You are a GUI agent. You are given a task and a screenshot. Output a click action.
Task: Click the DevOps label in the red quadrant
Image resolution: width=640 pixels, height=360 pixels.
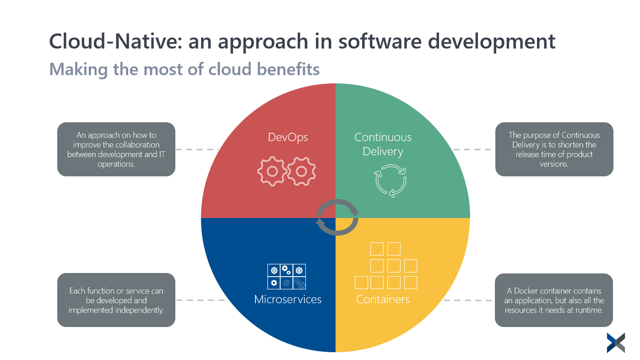tap(287, 137)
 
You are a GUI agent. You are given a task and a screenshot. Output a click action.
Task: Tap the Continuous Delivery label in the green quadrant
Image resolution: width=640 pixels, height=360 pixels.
tap(383, 144)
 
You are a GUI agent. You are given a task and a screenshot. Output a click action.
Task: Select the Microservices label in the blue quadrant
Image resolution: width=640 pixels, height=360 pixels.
tap(287, 300)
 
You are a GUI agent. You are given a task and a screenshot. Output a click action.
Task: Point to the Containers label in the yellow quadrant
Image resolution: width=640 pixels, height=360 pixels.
tap(383, 300)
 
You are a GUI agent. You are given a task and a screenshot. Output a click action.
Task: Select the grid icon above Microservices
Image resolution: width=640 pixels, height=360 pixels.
tap(287, 276)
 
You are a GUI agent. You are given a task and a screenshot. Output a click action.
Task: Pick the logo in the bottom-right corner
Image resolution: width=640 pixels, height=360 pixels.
tap(616, 343)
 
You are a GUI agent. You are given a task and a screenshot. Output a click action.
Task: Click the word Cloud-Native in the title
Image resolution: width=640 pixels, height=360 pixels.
tap(116, 41)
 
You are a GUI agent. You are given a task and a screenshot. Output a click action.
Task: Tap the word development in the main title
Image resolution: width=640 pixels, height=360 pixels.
tap(491, 42)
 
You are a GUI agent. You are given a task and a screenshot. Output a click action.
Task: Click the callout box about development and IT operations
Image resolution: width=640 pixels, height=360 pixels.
tap(116, 149)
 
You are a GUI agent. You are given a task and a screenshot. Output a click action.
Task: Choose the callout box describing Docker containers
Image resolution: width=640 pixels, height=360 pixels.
tap(554, 300)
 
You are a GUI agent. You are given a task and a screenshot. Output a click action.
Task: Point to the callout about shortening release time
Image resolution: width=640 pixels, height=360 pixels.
tap(554, 149)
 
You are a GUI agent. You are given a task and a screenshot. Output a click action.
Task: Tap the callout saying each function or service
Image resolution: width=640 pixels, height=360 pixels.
tap(116, 300)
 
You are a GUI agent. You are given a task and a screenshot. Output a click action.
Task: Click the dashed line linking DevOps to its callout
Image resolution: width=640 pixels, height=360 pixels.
tap(197, 149)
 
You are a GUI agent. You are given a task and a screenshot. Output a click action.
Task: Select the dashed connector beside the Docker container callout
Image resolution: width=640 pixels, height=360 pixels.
tap(468, 300)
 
